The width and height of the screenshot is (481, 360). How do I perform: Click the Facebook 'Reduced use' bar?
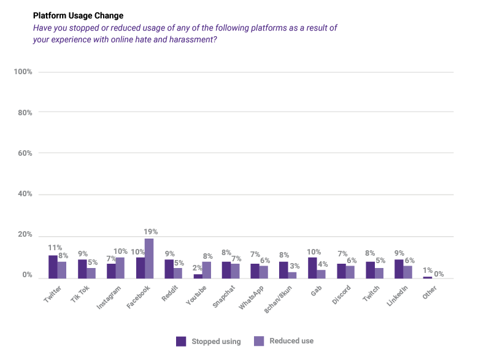click(148, 258)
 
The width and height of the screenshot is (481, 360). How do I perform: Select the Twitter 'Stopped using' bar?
click(53, 267)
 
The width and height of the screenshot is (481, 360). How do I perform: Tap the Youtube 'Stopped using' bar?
click(198, 276)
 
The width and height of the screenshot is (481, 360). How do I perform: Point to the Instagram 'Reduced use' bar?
click(120, 267)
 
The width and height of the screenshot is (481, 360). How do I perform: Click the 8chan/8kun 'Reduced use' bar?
click(292, 275)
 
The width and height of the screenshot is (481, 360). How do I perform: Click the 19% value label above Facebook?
click(151, 232)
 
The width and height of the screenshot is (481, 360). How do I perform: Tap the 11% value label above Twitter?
click(55, 248)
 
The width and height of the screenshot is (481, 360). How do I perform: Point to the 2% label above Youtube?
click(196, 268)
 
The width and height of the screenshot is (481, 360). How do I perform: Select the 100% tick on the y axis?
click(23, 72)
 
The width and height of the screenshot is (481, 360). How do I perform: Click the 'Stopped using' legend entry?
click(208, 341)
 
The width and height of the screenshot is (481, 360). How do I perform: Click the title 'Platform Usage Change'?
click(78, 15)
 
